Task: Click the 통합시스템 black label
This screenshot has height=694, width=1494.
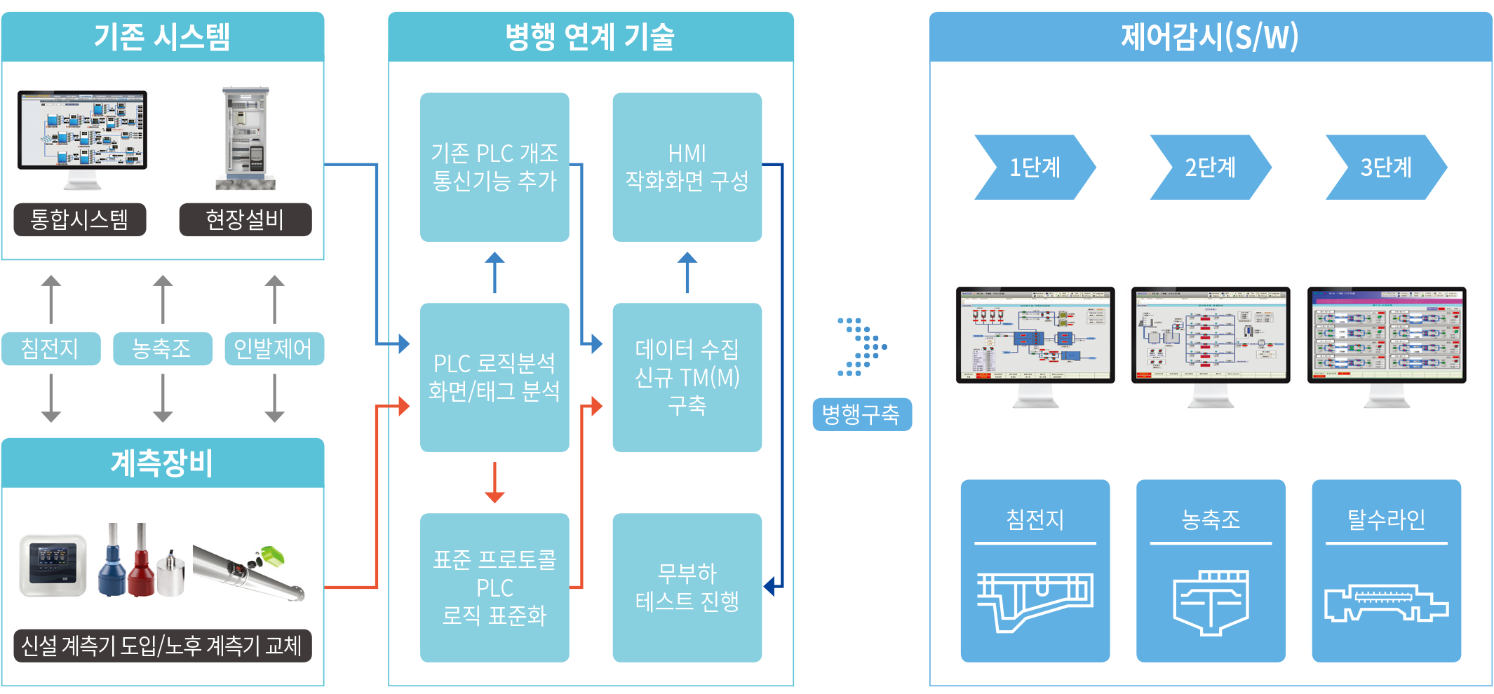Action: tap(80, 219)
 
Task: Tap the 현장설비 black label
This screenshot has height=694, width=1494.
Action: tap(245, 219)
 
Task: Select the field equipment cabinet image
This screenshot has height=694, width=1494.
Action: tap(245, 138)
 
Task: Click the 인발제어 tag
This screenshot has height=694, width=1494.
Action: tap(274, 348)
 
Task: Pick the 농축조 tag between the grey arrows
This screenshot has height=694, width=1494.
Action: tap(162, 348)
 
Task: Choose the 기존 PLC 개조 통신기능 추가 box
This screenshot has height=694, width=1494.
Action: tap(494, 167)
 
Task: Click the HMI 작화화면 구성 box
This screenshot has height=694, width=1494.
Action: tap(687, 167)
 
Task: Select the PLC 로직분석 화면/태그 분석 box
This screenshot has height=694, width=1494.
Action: tap(494, 377)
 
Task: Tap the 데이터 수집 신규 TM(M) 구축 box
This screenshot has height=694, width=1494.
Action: tap(687, 377)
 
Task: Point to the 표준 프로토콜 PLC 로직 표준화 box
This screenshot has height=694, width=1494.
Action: tap(494, 587)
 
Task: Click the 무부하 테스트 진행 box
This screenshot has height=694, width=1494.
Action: tap(687, 587)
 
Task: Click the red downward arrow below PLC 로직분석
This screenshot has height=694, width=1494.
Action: tap(494, 482)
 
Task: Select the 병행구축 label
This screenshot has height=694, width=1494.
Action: tap(861, 414)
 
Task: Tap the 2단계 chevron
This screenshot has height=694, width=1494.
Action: tap(1210, 168)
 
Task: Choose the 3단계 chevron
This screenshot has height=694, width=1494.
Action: tap(1385, 168)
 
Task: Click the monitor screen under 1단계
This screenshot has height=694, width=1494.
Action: tap(1035, 334)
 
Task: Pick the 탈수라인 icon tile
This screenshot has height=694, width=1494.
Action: tap(1386, 571)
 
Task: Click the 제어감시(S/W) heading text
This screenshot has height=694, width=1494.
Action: tap(1210, 36)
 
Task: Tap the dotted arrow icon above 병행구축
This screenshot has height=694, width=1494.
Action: tap(862, 347)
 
